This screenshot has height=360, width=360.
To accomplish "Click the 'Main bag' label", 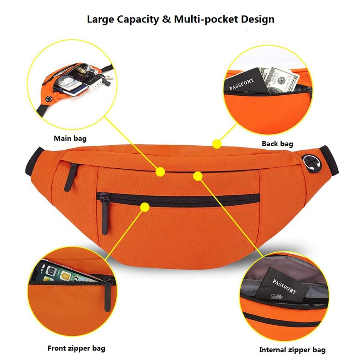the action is [70, 138].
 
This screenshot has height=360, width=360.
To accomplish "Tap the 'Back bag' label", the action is [277, 143].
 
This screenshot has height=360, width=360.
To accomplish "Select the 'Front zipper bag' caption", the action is [76, 348].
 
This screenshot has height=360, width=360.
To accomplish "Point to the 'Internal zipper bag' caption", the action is [292, 350].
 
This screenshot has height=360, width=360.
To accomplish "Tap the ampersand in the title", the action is [166, 19].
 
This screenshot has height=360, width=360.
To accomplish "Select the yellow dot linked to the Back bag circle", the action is [216, 144].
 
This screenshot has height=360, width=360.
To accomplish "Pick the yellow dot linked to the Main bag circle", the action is [160, 172].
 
